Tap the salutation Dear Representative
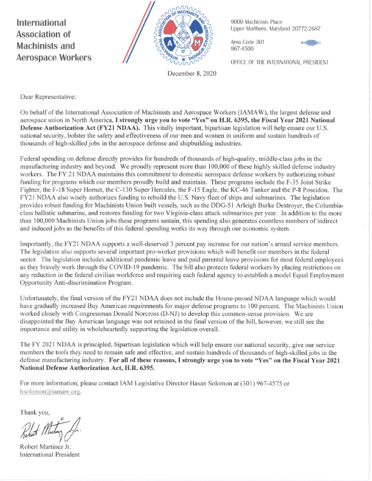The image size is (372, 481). point(48,97)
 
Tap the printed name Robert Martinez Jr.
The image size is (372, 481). point(50,446)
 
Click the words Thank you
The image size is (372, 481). point(36,412)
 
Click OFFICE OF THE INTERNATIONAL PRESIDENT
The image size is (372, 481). point(280,63)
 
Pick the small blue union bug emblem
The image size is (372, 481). point(310,44)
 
